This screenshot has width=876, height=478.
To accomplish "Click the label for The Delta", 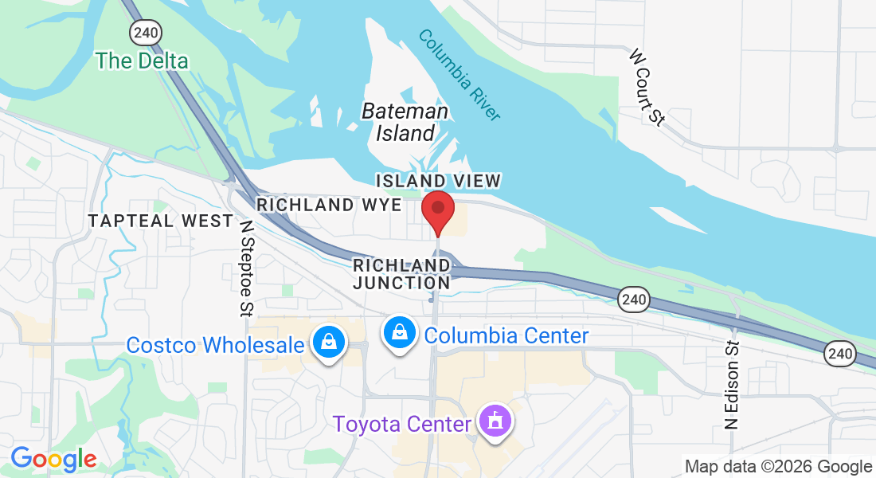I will [142, 61].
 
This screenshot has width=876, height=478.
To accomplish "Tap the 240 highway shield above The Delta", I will [147, 32].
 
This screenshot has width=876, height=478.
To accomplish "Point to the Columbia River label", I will [460, 75].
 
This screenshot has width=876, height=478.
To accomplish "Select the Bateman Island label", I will [405, 122].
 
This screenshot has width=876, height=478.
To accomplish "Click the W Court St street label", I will [647, 88].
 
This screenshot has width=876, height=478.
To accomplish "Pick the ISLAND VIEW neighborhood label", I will [438, 181].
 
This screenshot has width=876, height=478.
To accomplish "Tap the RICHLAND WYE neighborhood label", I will [329, 205].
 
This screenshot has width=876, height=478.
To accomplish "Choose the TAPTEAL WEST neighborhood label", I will [161, 221].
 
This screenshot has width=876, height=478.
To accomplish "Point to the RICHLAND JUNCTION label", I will [402, 273].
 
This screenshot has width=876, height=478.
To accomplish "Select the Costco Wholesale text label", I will [216, 345].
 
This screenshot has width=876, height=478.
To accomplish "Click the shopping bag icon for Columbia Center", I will [397, 332].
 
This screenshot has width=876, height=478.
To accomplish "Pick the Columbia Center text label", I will [506, 335].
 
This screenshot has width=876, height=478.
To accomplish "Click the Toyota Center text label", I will [402, 424].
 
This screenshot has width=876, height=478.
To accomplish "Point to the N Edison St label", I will [732, 386].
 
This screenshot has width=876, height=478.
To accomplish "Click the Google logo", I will [53, 459].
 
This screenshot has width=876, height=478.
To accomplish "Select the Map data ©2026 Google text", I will [778, 467].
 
